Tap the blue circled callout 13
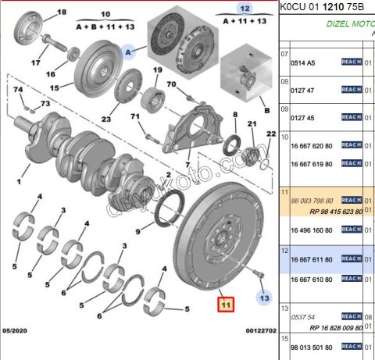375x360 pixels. click(264, 298)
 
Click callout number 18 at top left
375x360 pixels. click(62, 13)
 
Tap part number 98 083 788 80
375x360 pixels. click(312, 200)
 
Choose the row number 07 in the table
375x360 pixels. click(284, 53)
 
